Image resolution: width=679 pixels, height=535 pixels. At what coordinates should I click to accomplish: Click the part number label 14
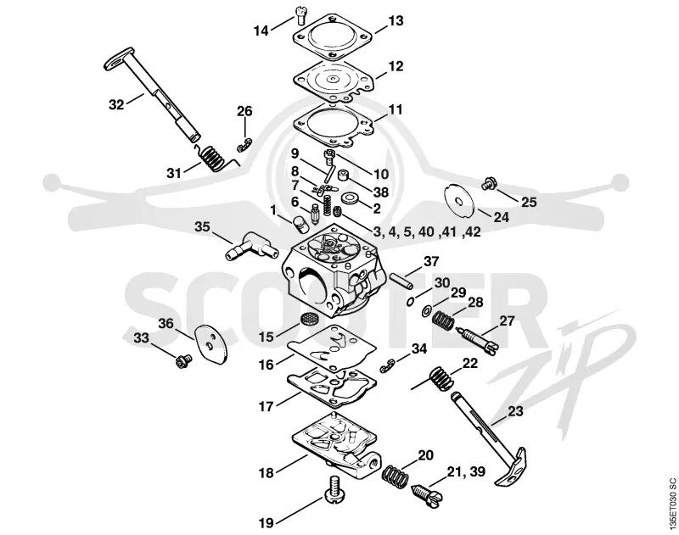[x=261, y=31]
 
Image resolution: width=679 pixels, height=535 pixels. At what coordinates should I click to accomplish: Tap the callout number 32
[x=116, y=104]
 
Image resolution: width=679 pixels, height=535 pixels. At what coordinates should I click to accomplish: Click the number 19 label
[x=267, y=523]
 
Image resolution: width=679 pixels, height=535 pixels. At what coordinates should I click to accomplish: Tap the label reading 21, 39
[x=466, y=471]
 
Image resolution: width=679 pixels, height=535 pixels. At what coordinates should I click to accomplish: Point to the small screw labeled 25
[x=489, y=184]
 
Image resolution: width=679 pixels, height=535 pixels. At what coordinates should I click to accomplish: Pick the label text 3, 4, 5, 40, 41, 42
[x=427, y=231]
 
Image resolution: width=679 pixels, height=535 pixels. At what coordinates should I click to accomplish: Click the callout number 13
[x=396, y=20]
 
